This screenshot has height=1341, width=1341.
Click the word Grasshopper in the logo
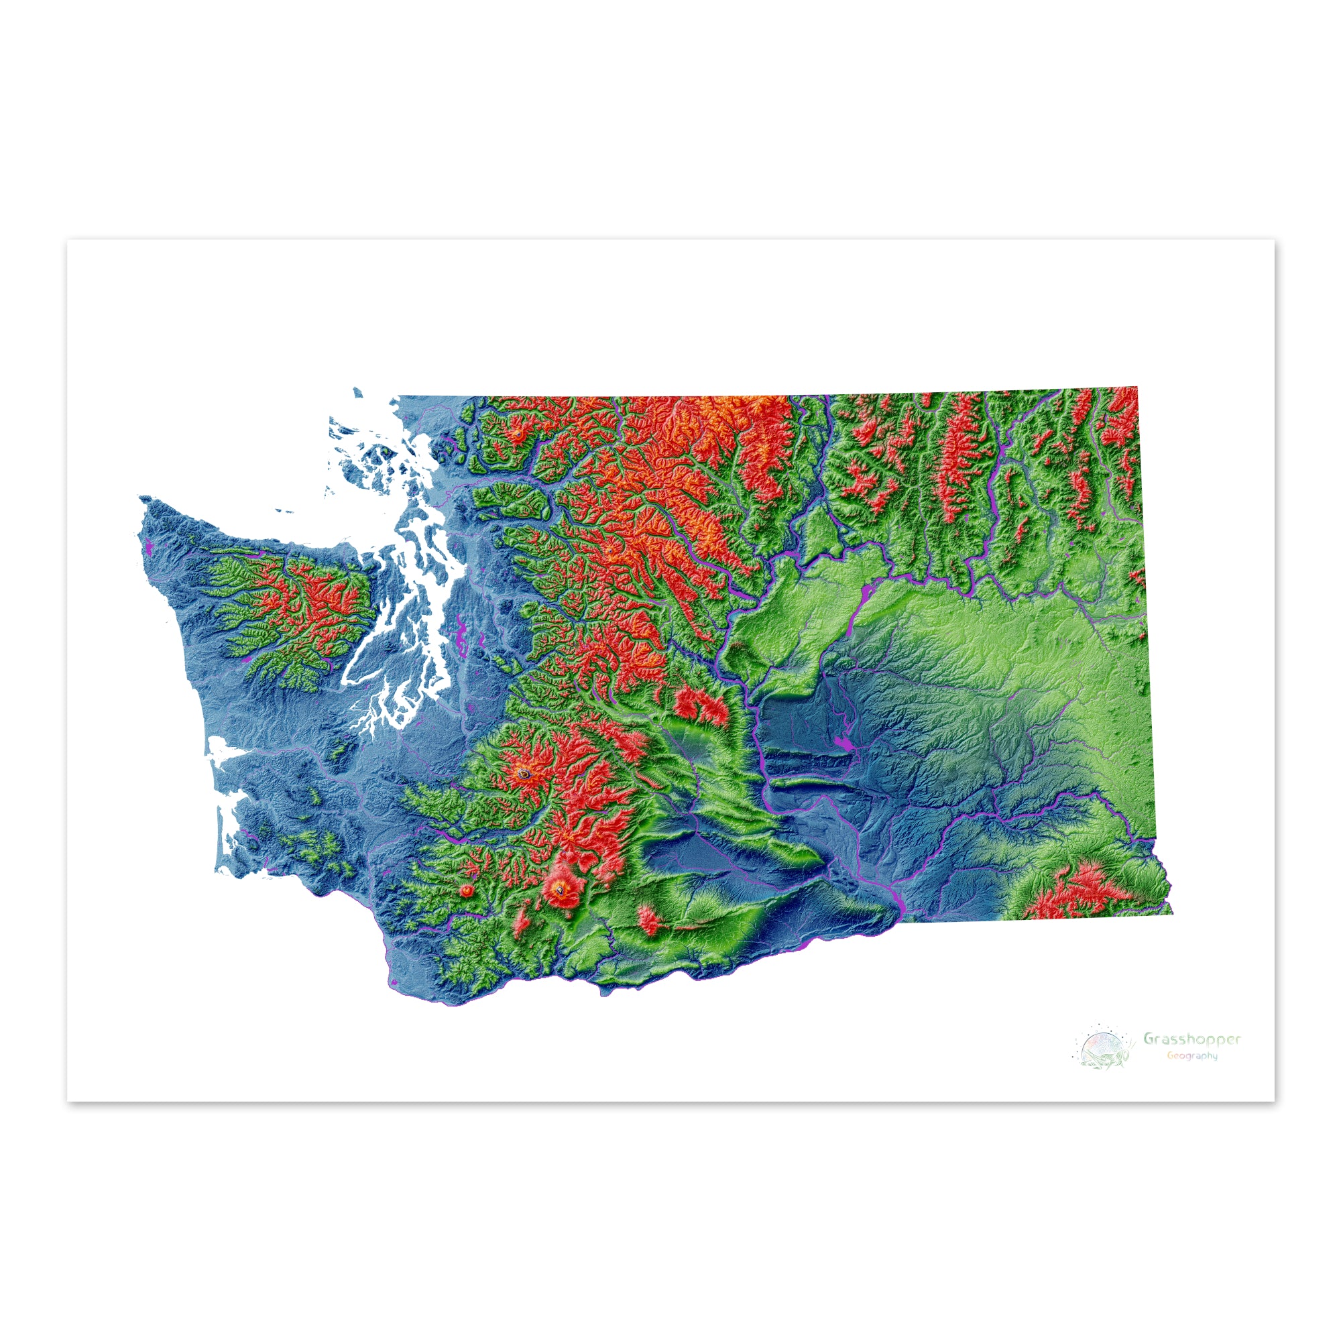[x=1191, y=1039]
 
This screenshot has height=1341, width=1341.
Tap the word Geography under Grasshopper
[x=1191, y=1056]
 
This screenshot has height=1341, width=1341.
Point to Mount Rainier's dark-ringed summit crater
[x=526, y=772]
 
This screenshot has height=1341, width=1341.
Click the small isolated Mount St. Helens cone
[x=467, y=890]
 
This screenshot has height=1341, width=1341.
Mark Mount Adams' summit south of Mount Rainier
[x=558, y=886]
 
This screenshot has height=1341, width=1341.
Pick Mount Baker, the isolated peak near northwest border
[x=517, y=434]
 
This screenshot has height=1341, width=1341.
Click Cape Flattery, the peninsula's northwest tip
[x=141, y=498]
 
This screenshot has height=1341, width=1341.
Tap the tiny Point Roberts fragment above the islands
[x=357, y=392]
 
